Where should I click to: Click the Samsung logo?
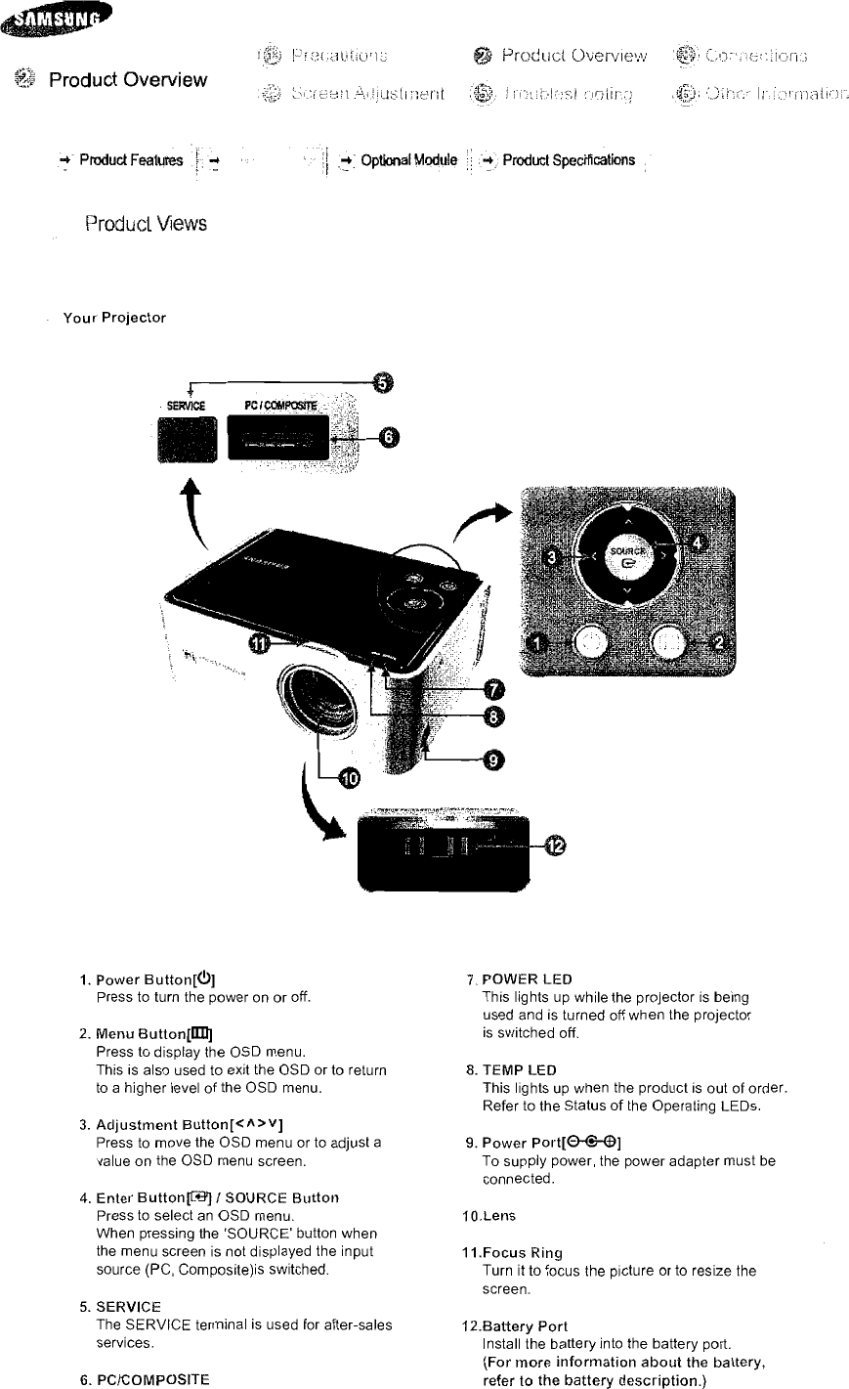56,20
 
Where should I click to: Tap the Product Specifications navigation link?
569,160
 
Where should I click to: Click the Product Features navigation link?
131,161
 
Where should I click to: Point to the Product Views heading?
146,223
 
